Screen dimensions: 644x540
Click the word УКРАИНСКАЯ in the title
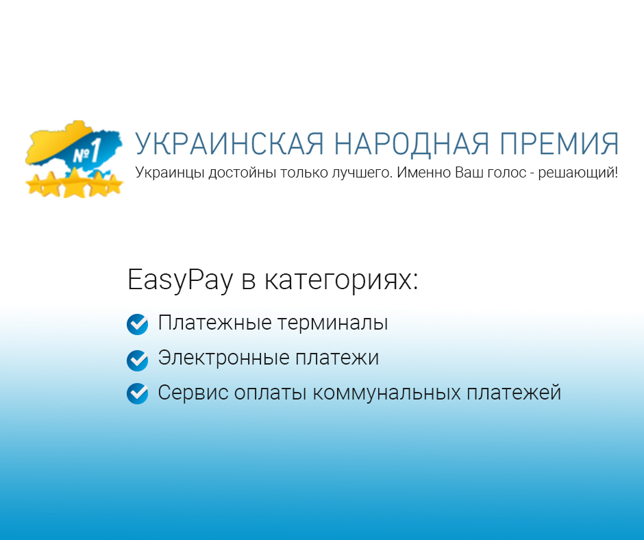pyautogui.click(x=230, y=144)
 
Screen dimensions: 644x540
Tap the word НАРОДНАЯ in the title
pyautogui.click(x=411, y=144)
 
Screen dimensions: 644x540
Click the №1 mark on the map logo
pyautogui.click(x=86, y=152)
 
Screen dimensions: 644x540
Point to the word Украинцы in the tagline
pyautogui.click(x=170, y=173)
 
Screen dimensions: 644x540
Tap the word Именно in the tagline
pyautogui.click(x=424, y=173)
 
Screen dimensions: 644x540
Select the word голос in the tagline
pyautogui.click(x=506, y=173)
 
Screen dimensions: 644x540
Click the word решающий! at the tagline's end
pyautogui.click(x=578, y=173)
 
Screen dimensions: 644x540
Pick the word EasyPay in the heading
pyautogui.click(x=180, y=280)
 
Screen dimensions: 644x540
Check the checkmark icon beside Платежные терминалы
pyautogui.click(x=137, y=324)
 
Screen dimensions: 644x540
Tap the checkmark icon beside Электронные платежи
pyautogui.click(x=137, y=360)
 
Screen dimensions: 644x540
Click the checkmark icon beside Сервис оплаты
pyautogui.click(x=137, y=394)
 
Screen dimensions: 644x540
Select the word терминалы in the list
pyautogui.click(x=332, y=323)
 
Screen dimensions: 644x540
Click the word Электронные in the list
pyautogui.click(x=224, y=357)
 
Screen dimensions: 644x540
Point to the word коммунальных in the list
pyautogui.click(x=386, y=393)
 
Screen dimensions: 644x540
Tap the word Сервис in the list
pyautogui.click(x=193, y=393)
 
